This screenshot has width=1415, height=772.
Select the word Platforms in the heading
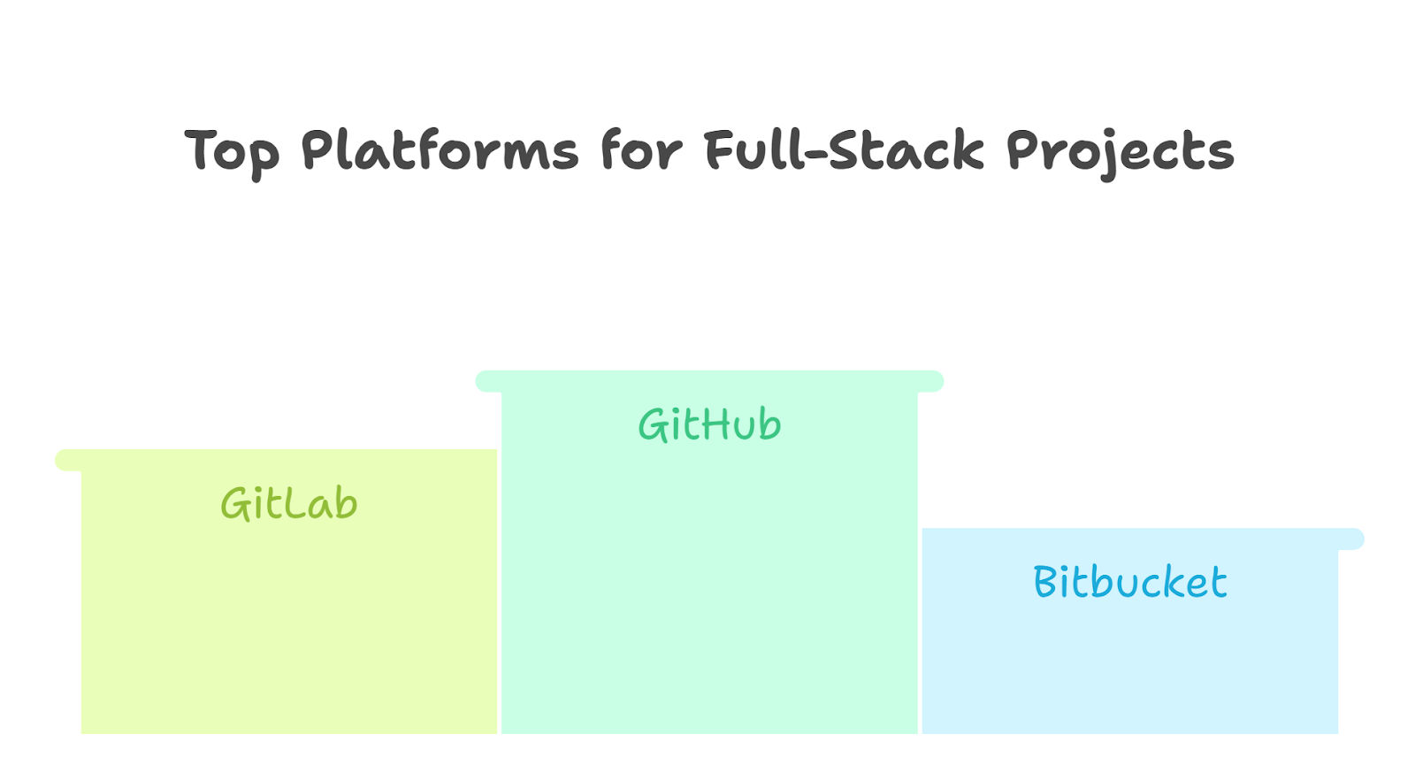(x=440, y=149)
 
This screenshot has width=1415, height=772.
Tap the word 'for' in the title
(x=641, y=149)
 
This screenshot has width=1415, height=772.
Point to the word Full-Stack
(x=845, y=149)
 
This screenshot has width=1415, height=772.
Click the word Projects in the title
(x=1121, y=154)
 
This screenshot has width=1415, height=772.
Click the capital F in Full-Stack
(x=719, y=149)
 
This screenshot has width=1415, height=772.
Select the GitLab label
(x=288, y=503)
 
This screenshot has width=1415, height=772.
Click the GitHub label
(x=709, y=424)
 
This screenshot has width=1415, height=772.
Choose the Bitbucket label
(x=1130, y=581)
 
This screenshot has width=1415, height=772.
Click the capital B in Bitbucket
(x=1045, y=581)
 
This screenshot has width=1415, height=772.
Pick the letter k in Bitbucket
(x=1176, y=581)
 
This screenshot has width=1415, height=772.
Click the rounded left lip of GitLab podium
(x=68, y=460)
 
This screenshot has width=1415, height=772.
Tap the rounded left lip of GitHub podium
(x=488, y=381)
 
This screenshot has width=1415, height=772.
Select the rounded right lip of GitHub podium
(x=930, y=381)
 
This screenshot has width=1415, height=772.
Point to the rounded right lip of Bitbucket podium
(x=1351, y=539)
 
